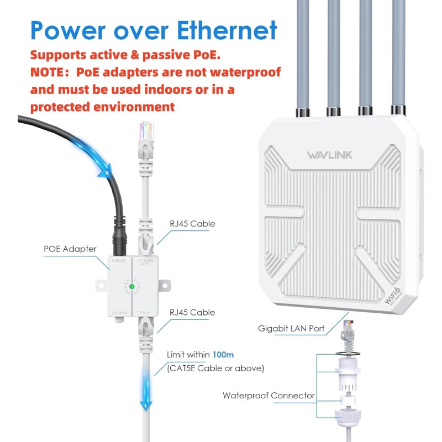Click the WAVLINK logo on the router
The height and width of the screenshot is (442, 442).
point(329,155)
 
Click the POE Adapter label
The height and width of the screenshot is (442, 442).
point(70,249)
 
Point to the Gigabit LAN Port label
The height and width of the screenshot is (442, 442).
point(291,328)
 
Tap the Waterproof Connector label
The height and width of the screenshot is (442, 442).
point(269,395)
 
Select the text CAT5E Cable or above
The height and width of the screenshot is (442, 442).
point(215,368)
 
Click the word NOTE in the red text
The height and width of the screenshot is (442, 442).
point(50,72)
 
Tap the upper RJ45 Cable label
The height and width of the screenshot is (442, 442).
point(192,224)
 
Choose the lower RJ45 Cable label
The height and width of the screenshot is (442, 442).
point(192,312)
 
